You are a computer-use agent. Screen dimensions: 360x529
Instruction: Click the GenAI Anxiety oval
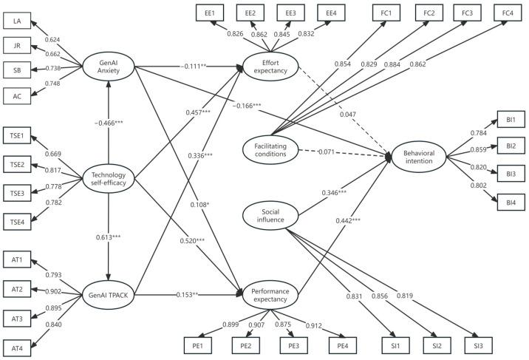point(109,66)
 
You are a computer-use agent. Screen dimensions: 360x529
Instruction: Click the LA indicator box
point(17,21)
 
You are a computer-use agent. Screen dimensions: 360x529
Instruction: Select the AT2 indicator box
point(17,285)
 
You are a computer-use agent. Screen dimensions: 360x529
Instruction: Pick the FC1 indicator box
point(387,13)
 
